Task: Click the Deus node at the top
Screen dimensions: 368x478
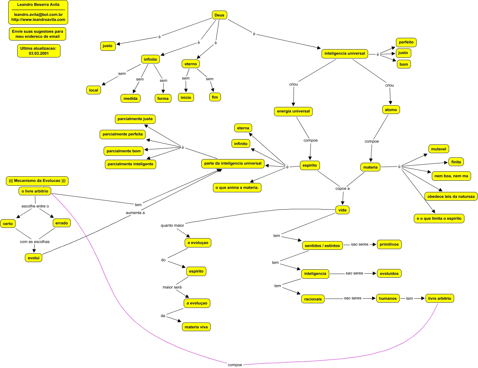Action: click(219, 15)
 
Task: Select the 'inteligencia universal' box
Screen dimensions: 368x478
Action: click(344, 53)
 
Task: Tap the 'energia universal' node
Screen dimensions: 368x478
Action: click(293, 111)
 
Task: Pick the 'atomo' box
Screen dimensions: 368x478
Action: click(391, 110)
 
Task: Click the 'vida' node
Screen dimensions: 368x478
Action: click(342, 210)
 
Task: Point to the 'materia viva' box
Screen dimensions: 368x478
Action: click(196, 327)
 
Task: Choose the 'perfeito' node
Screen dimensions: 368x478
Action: click(406, 42)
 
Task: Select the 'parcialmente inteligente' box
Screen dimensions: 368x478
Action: click(130, 164)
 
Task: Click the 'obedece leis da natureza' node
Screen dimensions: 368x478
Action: click(451, 196)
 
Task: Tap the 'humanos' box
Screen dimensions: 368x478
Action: click(388, 298)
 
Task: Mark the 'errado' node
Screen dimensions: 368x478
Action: click(61, 223)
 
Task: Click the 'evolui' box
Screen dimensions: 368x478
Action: click(34, 258)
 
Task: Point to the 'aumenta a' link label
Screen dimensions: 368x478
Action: click(135, 213)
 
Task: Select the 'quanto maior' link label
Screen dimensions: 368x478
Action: click(172, 225)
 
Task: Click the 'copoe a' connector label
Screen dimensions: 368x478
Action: click(342, 188)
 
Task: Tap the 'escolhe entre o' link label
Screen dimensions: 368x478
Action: click(35, 206)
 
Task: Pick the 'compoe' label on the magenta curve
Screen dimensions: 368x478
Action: click(235, 365)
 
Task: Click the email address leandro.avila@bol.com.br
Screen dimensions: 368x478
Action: click(38, 15)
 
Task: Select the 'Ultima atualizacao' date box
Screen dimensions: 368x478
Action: click(39, 51)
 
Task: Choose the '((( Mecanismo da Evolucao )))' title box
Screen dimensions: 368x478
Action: click(37, 181)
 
